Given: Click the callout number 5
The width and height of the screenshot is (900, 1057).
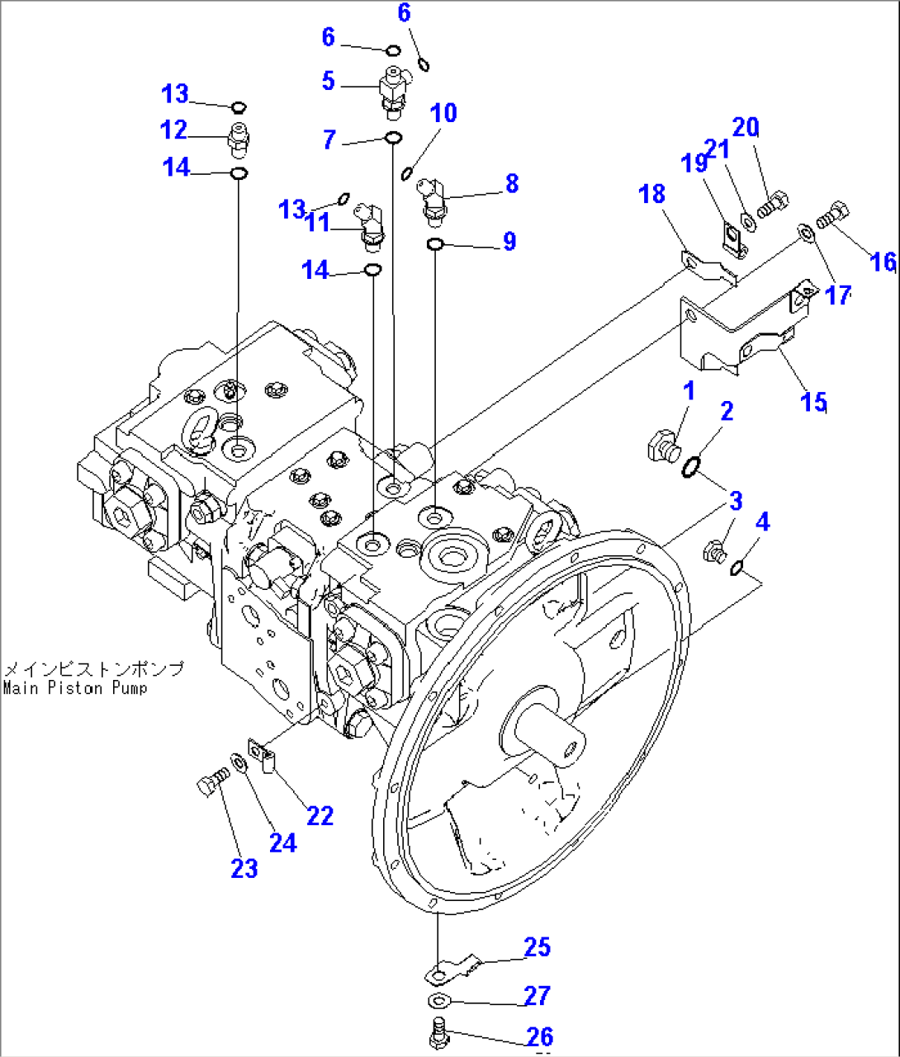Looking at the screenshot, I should tap(329, 81).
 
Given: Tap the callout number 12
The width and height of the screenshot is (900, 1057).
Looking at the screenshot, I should tap(173, 130).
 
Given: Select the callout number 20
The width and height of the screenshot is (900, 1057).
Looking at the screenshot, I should tap(745, 127).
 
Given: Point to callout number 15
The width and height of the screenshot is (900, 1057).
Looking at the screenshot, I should tap(813, 402).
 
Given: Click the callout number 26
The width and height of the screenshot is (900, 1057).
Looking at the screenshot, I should tap(538, 1036).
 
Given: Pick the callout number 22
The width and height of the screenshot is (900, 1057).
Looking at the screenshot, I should tap(320, 815).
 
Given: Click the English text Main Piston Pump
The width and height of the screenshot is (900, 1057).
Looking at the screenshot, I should tap(75, 688).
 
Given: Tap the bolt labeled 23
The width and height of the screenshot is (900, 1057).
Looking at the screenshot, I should tap(211, 781).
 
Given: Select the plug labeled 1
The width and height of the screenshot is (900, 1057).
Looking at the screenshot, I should tap(662, 446).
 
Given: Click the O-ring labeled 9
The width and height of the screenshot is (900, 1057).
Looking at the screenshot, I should tap(436, 243).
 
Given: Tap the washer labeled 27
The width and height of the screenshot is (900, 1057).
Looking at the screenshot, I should tap(438, 1002).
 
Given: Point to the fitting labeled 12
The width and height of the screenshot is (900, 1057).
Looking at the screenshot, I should tap(239, 139).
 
